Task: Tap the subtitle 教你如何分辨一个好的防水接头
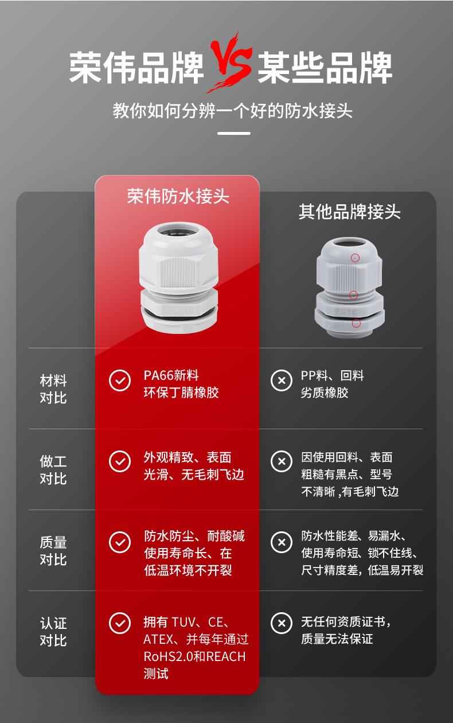pyautogui.click(x=232, y=110)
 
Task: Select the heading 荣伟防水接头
pyautogui.click(x=178, y=196)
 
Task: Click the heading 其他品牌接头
pyautogui.click(x=349, y=212)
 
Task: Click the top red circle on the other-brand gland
pyautogui.click(x=356, y=258)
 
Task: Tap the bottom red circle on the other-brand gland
pyautogui.click(x=356, y=323)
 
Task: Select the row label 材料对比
pyautogui.click(x=53, y=388)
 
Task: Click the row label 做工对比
pyautogui.click(x=53, y=469)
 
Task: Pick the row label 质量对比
pyautogui.click(x=53, y=550)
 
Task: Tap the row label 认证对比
pyautogui.click(x=53, y=631)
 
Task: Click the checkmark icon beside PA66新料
pyautogui.click(x=120, y=380)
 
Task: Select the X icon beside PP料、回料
pyautogui.click(x=281, y=380)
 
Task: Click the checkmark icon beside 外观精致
pyautogui.click(x=120, y=461)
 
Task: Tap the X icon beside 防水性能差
pyautogui.click(x=281, y=542)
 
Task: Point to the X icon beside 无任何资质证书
pyautogui.click(x=281, y=623)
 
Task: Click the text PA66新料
pyautogui.click(x=171, y=375)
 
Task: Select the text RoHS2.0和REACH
pyautogui.click(x=194, y=656)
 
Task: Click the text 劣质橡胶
pyautogui.click(x=325, y=392)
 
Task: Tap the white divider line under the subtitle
pyautogui.click(x=234, y=133)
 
